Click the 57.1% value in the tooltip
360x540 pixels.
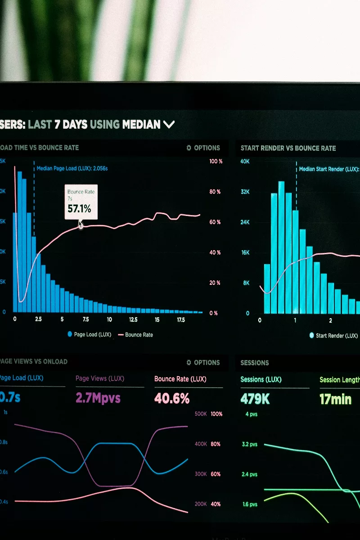[x=79, y=209]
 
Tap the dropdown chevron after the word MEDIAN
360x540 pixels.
[x=169, y=125]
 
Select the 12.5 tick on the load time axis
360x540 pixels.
[x=133, y=319]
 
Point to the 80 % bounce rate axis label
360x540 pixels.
[x=215, y=192]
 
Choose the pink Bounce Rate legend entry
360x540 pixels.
[x=135, y=335]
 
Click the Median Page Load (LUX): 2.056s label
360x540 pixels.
[x=72, y=169]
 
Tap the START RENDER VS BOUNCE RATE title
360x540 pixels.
[x=288, y=148]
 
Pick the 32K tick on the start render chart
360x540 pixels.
[x=245, y=192]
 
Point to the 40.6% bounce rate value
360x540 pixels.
[x=172, y=398]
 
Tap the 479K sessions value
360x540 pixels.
[x=255, y=399]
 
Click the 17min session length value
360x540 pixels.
[x=335, y=399]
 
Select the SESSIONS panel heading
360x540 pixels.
[x=255, y=363]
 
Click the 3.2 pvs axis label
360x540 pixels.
[x=250, y=445]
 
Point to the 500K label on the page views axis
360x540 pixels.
[x=201, y=414]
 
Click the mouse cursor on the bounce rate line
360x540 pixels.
[x=81, y=224]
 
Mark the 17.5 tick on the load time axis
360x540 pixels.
[x=181, y=319]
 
